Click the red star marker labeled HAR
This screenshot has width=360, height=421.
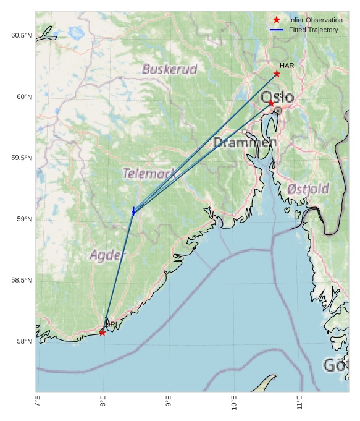click(x=277, y=74)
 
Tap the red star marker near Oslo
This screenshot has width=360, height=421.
click(x=271, y=103)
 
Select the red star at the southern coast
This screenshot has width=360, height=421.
click(x=102, y=333)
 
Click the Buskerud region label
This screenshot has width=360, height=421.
click(x=169, y=69)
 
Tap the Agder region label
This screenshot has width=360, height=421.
click(x=108, y=254)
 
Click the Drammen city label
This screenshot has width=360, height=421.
click(x=245, y=143)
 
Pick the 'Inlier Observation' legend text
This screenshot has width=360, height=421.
click(x=316, y=20)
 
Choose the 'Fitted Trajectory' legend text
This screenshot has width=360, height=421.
click(x=314, y=30)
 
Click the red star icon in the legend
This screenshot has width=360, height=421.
click(x=277, y=20)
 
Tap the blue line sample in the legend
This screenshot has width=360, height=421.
click(x=277, y=30)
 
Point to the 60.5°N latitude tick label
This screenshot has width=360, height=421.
click(x=21, y=36)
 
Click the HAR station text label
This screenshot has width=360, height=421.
click(x=287, y=66)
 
